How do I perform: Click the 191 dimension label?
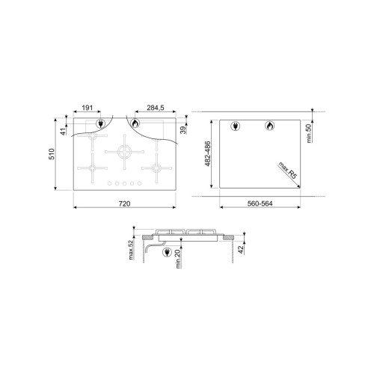pos(88,108)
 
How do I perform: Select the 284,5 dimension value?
pos(156,108)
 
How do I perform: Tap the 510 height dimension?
pos(52,154)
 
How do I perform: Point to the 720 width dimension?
pos(124,203)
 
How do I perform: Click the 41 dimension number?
pos(64,131)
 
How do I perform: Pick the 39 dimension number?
pos(183,130)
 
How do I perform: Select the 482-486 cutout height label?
pos(207,154)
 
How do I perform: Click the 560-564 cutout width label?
pos(260,203)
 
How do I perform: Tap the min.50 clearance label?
pos(309,133)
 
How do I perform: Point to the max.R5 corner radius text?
pos(288,171)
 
